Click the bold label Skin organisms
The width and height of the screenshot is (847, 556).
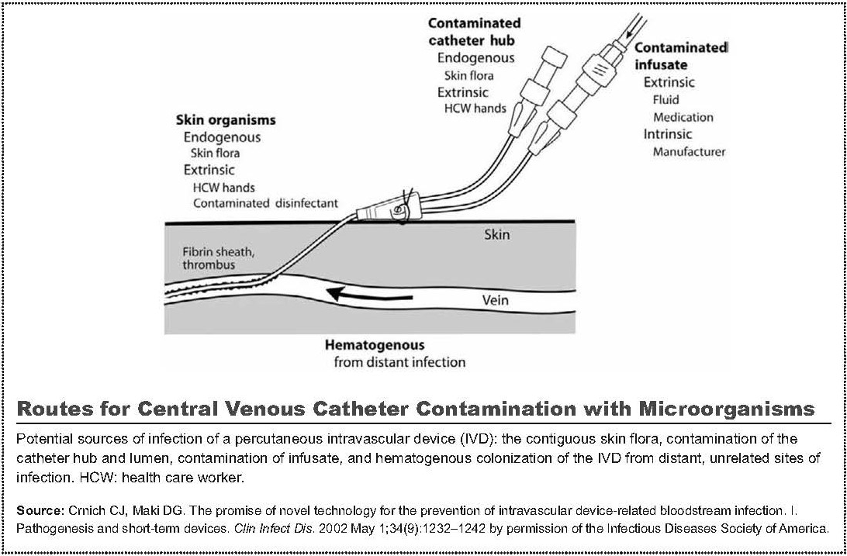point(225,120)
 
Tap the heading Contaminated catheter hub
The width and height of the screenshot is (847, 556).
point(474,32)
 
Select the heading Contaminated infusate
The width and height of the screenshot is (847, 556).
point(681,56)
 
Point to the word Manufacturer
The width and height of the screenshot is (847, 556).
point(689,152)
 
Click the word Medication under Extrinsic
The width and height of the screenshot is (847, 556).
point(683,117)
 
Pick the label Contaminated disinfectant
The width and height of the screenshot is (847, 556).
point(265,204)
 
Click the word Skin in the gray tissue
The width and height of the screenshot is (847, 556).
point(496,233)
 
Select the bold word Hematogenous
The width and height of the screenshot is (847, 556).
point(374,345)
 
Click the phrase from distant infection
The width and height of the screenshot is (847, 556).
point(399,362)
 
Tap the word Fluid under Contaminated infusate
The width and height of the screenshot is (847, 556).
point(665,99)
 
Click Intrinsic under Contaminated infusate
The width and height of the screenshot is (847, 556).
point(667,134)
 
